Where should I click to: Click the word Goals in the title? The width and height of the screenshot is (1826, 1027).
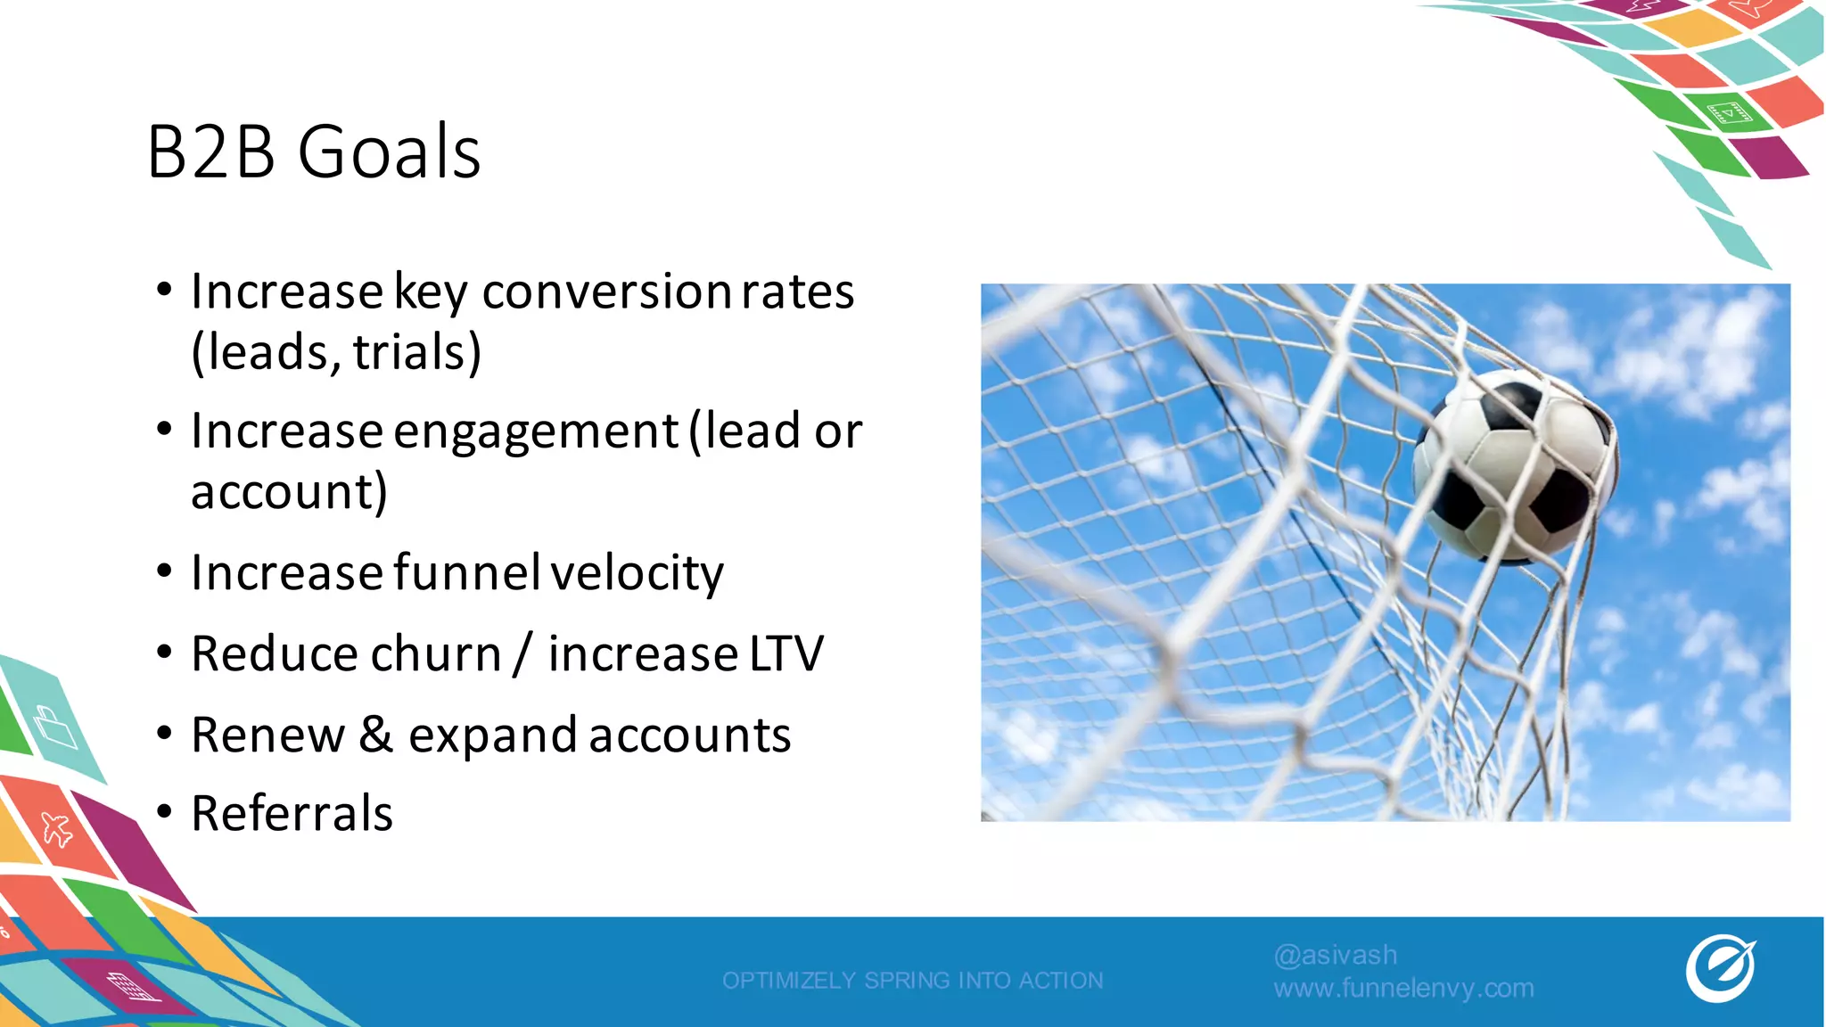pos(389,152)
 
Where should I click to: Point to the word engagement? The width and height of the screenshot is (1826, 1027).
pos(536,431)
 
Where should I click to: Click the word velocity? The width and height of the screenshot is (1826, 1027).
pos(637,572)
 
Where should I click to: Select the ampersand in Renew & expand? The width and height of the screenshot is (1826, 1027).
pos(376,735)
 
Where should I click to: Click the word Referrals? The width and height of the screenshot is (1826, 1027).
pos(292,813)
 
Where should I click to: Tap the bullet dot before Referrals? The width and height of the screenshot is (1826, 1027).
pos(164,812)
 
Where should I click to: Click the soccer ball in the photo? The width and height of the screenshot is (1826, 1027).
pos(1513,465)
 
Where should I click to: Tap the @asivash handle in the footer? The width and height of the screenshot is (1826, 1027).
pos(1335,955)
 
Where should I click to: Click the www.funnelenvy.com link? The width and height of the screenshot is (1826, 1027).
pos(1403,988)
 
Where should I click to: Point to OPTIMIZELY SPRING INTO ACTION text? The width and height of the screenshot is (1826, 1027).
pos(912,981)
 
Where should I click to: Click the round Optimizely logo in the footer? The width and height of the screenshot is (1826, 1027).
pos(1720,968)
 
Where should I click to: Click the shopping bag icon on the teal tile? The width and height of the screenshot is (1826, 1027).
pos(55,727)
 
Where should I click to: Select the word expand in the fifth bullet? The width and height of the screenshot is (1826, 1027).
pos(492,736)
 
